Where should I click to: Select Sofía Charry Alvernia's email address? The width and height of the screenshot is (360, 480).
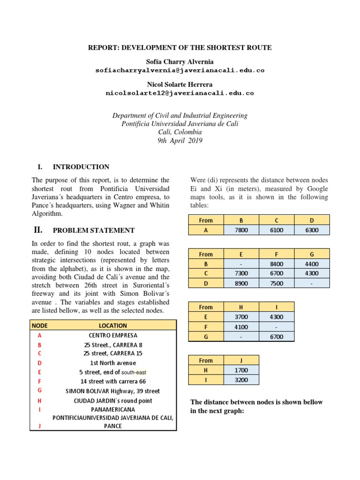click(180, 70)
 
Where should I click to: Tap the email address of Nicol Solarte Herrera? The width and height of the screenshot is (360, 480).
click(180, 93)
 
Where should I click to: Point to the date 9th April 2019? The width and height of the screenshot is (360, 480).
click(180, 141)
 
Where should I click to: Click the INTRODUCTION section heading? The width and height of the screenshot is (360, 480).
click(81, 167)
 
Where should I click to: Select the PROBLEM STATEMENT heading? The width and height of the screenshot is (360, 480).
click(93, 231)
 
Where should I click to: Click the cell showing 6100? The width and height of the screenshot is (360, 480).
click(277, 230)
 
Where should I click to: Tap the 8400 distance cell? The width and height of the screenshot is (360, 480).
click(277, 264)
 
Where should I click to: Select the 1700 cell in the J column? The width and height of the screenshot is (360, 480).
click(241, 370)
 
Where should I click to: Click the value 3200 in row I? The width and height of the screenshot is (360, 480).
click(241, 380)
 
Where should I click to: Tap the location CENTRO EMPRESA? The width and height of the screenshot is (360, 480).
click(113, 336)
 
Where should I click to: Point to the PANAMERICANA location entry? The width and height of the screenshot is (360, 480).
click(113, 409)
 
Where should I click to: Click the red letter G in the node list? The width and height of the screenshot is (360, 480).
click(40, 390)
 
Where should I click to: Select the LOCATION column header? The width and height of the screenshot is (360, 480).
click(113, 325)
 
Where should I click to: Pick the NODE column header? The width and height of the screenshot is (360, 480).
click(40, 325)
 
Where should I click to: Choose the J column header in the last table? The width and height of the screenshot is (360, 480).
click(241, 360)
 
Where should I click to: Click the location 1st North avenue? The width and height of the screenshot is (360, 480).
click(113, 363)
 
